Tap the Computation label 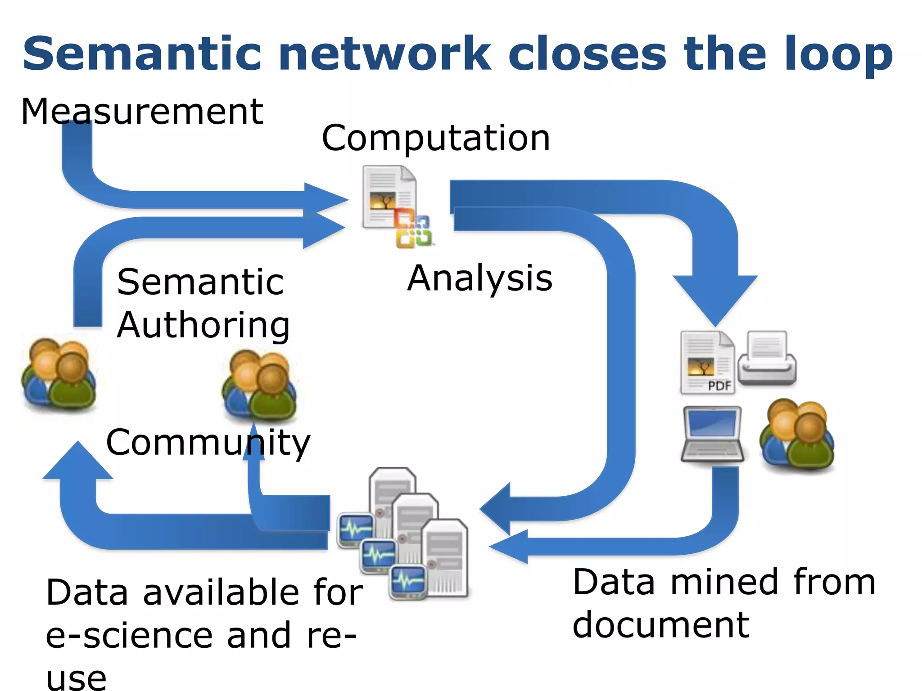[x=435, y=138]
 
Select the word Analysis [x=479, y=278]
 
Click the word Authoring [x=203, y=325]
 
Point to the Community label [x=208, y=442]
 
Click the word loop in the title [x=838, y=54]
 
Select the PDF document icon [x=707, y=363]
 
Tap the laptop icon [x=712, y=434]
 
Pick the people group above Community [x=259, y=386]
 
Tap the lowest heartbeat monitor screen [x=408, y=582]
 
